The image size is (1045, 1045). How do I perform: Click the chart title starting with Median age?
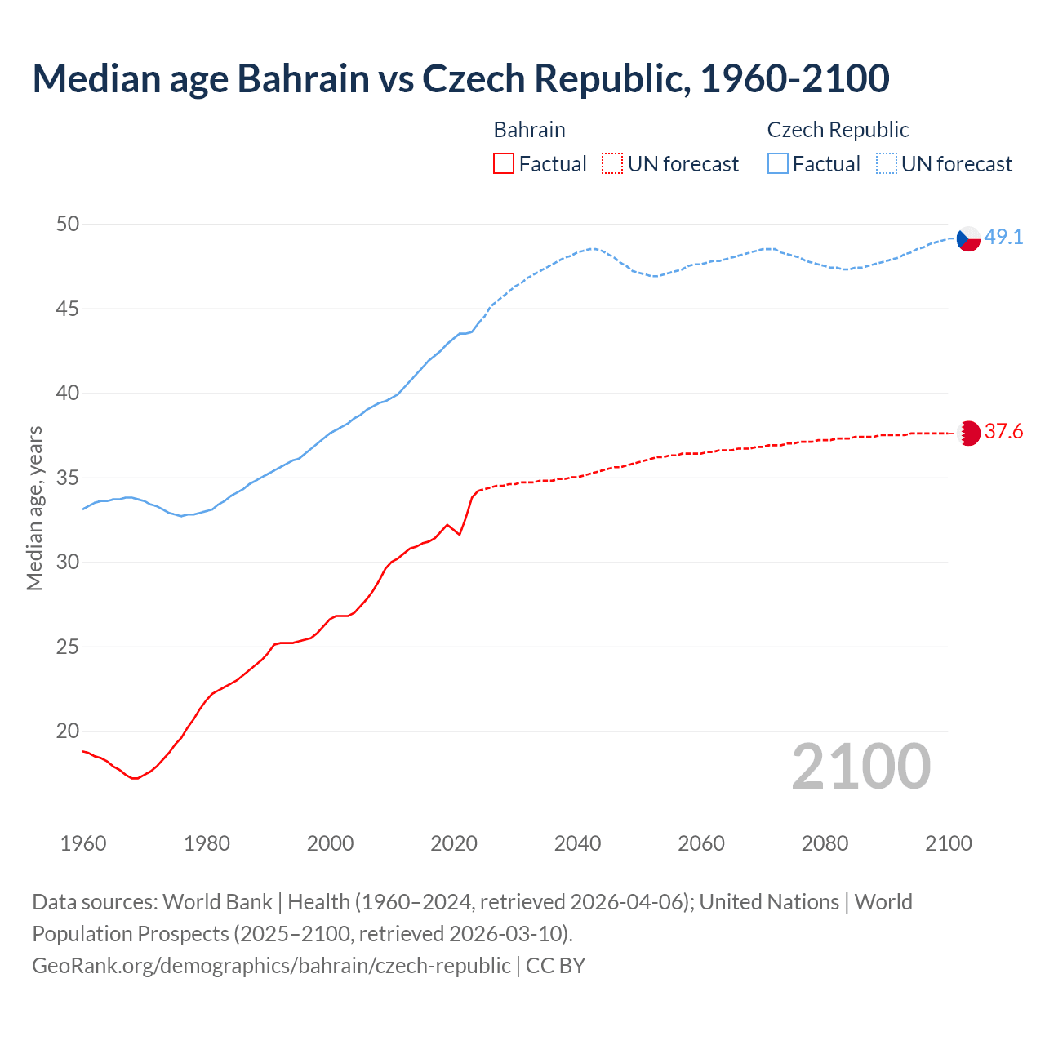click(x=460, y=78)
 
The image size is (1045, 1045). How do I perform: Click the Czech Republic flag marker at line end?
click(x=968, y=238)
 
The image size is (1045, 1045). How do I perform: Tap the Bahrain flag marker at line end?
click(x=968, y=433)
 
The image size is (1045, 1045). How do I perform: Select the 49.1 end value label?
click(x=1003, y=238)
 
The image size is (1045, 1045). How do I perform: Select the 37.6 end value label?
click(x=1003, y=432)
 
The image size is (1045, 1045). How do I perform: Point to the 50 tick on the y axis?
click(x=68, y=224)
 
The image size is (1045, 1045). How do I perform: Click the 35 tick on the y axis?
click(x=68, y=478)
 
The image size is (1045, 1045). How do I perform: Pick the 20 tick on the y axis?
click(x=68, y=731)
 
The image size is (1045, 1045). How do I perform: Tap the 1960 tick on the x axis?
click(x=83, y=843)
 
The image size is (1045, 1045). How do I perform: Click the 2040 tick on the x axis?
click(x=577, y=843)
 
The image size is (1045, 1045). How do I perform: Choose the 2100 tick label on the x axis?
click(x=948, y=843)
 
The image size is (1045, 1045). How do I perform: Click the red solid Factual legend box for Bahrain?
click(x=504, y=164)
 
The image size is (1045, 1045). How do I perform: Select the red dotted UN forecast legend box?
click(x=612, y=164)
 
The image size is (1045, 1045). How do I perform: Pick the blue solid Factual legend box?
click(x=778, y=164)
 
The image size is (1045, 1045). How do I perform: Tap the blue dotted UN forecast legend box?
click(x=887, y=164)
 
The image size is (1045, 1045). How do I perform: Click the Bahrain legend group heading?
click(x=529, y=130)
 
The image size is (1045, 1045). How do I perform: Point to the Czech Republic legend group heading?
click(x=838, y=130)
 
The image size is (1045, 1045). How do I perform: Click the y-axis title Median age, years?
click(x=34, y=508)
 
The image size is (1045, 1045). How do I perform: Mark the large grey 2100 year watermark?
click(x=861, y=766)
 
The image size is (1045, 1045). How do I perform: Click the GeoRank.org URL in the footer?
click(x=271, y=965)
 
